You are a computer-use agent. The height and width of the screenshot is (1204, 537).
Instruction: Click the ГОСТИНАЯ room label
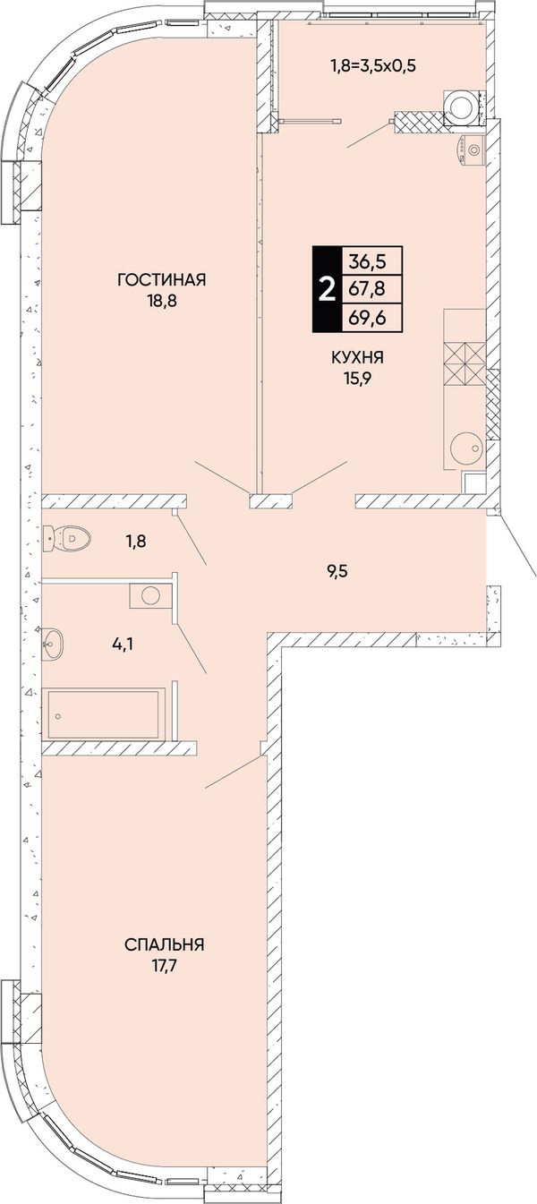162,280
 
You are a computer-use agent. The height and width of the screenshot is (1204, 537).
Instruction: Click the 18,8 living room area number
162,301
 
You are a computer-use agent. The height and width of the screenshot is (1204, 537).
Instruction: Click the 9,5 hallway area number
337,571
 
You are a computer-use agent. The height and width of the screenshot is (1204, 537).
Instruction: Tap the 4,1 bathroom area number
124,644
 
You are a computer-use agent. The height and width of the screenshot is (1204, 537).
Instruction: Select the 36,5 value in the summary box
367,263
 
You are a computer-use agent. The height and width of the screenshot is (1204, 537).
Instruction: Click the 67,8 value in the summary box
367,289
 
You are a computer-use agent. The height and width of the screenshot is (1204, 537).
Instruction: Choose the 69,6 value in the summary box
367,317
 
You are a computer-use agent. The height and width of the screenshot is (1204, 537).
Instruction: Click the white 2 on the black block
327,290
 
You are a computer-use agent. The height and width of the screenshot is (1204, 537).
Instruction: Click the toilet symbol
66,537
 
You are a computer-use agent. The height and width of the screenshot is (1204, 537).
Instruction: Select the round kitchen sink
465,447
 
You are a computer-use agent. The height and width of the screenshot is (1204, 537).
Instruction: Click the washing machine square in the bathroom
149,595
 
